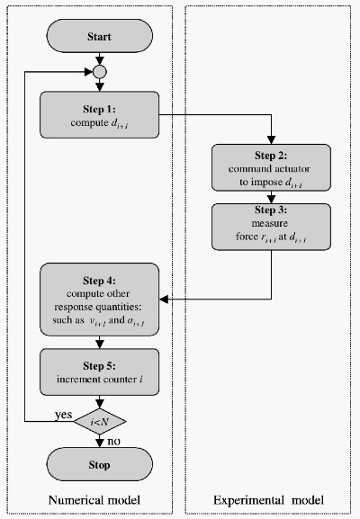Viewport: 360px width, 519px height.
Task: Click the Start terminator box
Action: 100,39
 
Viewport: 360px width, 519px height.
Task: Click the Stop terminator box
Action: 100,465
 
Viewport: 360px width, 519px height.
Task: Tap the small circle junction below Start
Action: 100,71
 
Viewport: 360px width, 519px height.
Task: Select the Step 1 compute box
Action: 100,116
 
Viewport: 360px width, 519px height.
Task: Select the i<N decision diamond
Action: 100,419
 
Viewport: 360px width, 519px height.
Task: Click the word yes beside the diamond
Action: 64,414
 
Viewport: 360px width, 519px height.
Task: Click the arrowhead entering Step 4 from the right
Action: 164,298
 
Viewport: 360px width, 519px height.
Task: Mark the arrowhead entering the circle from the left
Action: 89,71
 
